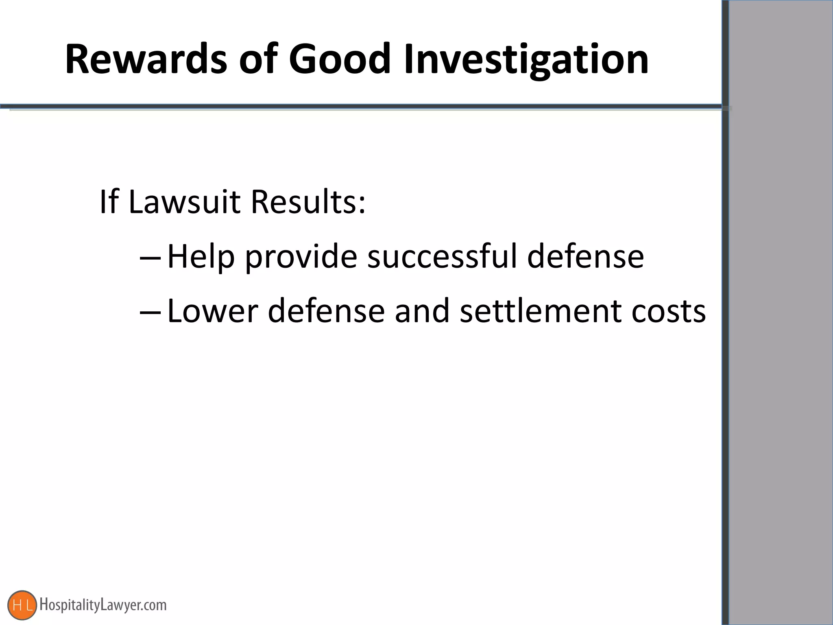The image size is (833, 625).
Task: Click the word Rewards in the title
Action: [146, 59]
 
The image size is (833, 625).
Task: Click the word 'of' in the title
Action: [257, 59]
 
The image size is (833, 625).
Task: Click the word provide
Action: [301, 257]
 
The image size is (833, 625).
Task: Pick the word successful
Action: [442, 256]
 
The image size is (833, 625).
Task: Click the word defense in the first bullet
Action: [585, 256]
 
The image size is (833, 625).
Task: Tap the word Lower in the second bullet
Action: [213, 311]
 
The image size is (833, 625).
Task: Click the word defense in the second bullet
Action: [326, 311]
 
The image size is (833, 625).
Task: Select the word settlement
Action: [541, 311]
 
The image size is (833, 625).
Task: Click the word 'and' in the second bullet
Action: [422, 311]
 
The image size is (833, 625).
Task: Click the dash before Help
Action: [150, 258]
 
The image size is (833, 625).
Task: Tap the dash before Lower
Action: [150, 312]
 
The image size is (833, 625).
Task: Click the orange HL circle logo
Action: [22, 605]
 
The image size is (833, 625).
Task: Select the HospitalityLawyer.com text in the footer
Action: [103, 605]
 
